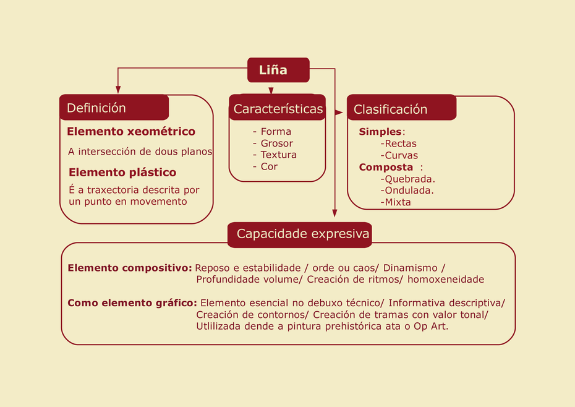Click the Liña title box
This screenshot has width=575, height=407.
pos(278,70)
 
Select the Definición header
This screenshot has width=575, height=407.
pos(114,108)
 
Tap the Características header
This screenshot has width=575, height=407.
pos(277,108)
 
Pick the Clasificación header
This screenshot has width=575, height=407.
pos(401,108)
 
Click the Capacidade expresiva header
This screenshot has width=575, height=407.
pos(300,235)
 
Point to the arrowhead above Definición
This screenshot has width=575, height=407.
pos(118,90)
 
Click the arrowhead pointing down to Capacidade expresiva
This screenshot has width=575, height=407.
pos(334,213)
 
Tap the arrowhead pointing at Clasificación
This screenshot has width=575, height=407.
pos(339,113)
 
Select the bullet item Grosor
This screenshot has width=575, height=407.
pos(273,143)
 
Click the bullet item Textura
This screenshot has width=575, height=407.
pos(275,155)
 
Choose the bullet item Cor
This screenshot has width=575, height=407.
pos(265,166)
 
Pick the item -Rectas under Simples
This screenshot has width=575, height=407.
pos(399,144)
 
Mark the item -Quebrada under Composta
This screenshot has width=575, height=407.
pos(408,179)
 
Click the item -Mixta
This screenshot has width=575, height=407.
pos(396,202)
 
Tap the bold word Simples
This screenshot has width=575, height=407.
pos(380,132)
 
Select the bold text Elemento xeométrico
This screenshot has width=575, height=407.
pos(131,131)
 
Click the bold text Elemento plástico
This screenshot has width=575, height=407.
pos(122,173)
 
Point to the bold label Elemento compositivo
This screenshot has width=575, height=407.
pos(130,268)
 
